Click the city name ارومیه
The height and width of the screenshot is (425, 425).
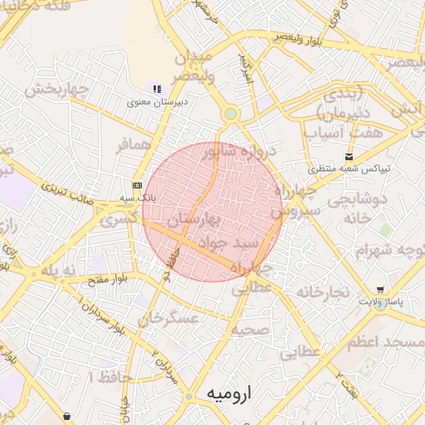click(x=227, y=392)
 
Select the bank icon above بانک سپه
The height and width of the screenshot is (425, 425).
click(x=137, y=185)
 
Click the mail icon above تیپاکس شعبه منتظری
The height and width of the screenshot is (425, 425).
click(x=349, y=156)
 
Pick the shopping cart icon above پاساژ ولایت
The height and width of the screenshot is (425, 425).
click(x=380, y=290)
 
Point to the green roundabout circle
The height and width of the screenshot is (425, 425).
click(x=231, y=114)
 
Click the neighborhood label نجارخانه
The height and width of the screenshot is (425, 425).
click(x=320, y=292)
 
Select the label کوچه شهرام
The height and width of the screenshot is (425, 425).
click(x=389, y=249)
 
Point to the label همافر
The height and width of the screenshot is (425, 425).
click(x=135, y=144)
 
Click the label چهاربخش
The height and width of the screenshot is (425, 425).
click(x=56, y=89)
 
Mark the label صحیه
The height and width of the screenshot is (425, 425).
click(x=249, y=330)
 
